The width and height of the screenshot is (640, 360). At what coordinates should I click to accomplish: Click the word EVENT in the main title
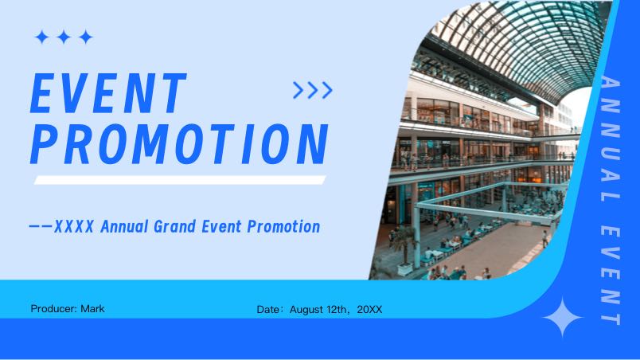[108, 93]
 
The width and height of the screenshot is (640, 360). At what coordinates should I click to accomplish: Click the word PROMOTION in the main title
[180, 143]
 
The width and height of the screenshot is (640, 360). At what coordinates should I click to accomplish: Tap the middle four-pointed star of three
[64, 37]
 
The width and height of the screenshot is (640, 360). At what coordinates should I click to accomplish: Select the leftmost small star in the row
[41, 37]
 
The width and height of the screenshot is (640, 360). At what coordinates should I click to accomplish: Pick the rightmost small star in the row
[86, 37]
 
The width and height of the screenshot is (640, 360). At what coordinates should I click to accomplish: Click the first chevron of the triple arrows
[299, 90]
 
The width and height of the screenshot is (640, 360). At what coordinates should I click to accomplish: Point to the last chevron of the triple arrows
[327, 90]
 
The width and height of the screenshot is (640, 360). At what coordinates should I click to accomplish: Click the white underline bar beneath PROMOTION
[180, 180]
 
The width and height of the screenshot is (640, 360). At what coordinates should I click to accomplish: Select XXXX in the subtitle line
[74, 226]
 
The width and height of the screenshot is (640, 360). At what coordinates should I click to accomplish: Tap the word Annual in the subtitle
[124, 226]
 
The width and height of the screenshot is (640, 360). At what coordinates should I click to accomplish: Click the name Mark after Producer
[92, 308]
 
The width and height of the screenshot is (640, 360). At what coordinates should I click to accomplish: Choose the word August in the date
[307, 310]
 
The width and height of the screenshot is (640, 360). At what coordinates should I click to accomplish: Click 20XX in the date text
[369, 309]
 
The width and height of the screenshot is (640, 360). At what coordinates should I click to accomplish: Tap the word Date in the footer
[267, 309]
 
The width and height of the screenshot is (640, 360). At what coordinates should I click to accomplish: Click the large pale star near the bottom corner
[563, 317]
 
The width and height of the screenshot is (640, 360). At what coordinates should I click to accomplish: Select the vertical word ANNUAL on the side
[611, 138]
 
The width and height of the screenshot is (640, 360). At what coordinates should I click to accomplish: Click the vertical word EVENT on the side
[611, 276]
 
